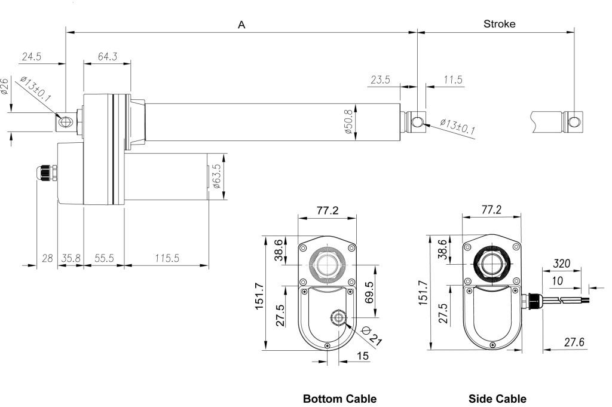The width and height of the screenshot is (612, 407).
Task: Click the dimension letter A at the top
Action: (241, 25)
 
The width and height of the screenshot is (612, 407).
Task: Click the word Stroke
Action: (499, 24)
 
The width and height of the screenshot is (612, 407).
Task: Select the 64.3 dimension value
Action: (108, 57)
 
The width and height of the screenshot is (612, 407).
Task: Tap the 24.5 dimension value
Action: (32, 57)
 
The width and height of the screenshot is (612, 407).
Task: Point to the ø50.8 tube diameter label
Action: (349, 122)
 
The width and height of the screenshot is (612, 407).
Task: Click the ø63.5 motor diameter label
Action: (218, 176)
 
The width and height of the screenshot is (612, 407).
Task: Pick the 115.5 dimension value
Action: (167, 258)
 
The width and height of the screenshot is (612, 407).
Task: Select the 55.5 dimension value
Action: (104, 258)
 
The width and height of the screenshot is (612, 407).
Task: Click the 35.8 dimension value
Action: (71, 258)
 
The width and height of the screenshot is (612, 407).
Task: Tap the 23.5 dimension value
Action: (380, 79)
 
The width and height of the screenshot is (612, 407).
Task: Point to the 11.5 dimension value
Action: (453, 79)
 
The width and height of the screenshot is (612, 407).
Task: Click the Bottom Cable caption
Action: (339, 399)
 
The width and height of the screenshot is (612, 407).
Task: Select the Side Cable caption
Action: (497, 399)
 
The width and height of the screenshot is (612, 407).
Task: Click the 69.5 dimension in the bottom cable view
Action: (369, 292)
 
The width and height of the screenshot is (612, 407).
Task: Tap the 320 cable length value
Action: (561, 264)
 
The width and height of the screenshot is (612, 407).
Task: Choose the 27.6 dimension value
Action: (574, 342)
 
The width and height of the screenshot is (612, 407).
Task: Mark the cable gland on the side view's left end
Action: (47, 173)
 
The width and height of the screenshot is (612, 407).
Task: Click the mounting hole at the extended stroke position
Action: (574, 122)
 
